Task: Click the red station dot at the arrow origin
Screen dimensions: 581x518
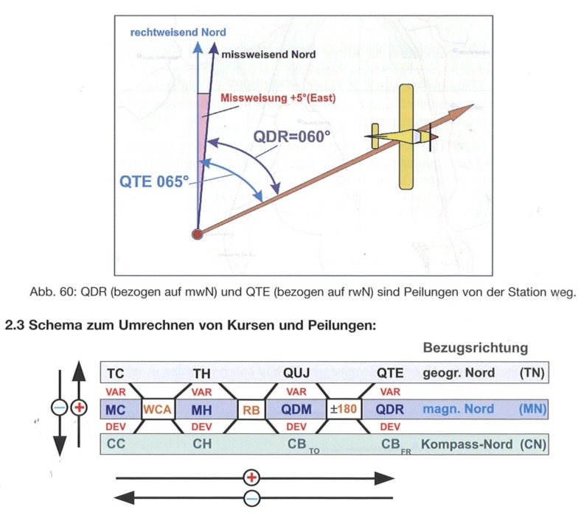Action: tap(197, 234)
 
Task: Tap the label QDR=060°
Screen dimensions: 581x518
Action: tap(292, 136)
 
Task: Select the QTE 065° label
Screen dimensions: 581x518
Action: tap(154, 181)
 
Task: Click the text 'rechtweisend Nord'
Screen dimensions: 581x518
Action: tap(178, 32)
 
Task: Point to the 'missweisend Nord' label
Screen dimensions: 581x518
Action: tap(268, 55)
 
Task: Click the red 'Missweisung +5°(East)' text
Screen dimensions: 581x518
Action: tap(278, 98)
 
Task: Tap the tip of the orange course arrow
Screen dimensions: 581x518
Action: tap(474, 105)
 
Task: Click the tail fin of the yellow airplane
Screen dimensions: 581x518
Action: tap(375, 136)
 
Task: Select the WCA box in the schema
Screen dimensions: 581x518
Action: tap(158, 409)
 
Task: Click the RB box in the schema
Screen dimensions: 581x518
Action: tap(251, 410)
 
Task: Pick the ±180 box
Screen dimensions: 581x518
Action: tap(344, 409)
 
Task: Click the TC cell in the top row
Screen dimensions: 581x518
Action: tap(116, 374)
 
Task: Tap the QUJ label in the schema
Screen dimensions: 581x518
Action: tap(296, 373)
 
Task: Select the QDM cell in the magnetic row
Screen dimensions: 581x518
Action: tap(296, 409)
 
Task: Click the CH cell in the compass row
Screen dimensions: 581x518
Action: tap(202, 444)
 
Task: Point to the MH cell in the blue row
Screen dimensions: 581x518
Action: tap(201, 410)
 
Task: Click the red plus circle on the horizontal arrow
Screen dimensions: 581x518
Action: tap(251, 477)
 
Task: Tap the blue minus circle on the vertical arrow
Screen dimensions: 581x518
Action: tap(59, 408)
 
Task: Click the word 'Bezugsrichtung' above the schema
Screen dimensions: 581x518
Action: tap(476, 348)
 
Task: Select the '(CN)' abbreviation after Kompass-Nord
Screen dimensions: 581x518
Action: tap(533, 444)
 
